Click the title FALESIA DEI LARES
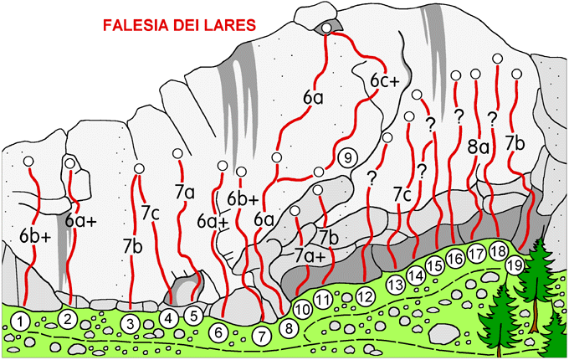(180, 25)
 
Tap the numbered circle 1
(21, 321)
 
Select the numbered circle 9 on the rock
(347, 158)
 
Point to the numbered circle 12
(366, 296)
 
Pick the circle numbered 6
(218, 332)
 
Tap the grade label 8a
(479, 148)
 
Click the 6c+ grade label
(385, 81)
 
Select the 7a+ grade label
(310, 256)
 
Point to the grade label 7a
(185, 193)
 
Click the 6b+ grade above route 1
(36, 237)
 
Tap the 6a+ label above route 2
(81, 221)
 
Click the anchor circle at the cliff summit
(326, 28)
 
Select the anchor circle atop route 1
(28, 162)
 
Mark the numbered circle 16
(455, 259)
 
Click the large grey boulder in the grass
(444, 332)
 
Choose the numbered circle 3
(131, 324)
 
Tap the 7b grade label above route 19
(515, 144)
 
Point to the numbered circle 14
(416, 276)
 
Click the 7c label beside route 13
(402, 196)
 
